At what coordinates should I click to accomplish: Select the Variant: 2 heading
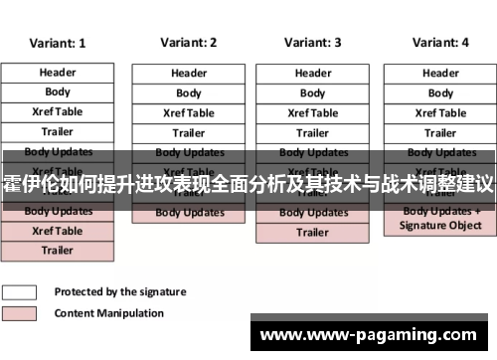[x=188, y=43]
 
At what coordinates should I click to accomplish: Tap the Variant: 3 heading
[x=312, y=43]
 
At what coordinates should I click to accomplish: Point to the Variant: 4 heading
[x=439, y=43]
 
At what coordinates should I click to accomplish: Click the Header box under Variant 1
[x=58, y=73]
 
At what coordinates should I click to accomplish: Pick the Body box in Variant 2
[x=189, y=93]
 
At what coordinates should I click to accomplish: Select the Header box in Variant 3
[x=313, y=74]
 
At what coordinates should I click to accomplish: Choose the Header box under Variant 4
[x=440, y=74]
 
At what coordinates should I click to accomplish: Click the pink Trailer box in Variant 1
[x=58, y=251]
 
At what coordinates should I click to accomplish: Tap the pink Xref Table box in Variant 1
[x=58, y=231]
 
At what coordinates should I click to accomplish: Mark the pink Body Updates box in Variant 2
[x=189, y=213]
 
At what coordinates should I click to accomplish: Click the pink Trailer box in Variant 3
[x=313, y=233]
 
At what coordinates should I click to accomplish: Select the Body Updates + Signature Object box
[x=440, y=219]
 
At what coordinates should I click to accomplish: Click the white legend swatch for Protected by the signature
[x=20, y=292]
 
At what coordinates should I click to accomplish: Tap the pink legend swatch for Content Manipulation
[x=20, y=313]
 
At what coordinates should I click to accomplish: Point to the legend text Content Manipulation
[x=108, y=313]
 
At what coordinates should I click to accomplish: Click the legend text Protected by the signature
[x=119, y=292]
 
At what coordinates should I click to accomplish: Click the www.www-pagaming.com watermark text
[x=372, y=335]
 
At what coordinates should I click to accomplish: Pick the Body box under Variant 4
[x=440, y=93]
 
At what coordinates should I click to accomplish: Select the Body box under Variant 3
[x=313, y=93]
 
